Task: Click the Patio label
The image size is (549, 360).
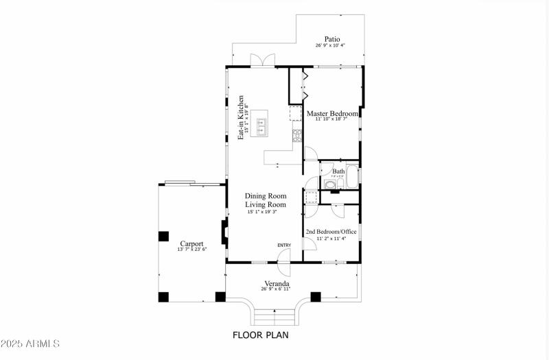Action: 331,39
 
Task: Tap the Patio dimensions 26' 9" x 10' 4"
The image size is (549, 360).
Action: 330,46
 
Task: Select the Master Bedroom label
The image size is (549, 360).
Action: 332,113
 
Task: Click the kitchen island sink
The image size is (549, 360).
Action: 261,125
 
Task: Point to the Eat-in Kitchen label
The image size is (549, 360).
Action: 241,117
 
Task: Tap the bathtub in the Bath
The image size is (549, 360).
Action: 352,178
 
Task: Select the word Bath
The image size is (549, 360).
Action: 338,171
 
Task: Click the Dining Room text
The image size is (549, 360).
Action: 266,196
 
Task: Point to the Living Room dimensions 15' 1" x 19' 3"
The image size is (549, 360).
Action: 266,212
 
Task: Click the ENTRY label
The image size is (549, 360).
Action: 284,245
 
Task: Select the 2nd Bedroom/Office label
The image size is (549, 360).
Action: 331,232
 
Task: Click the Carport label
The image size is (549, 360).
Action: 191,243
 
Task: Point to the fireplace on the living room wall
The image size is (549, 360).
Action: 224,232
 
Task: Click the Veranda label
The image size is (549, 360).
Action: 277,283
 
